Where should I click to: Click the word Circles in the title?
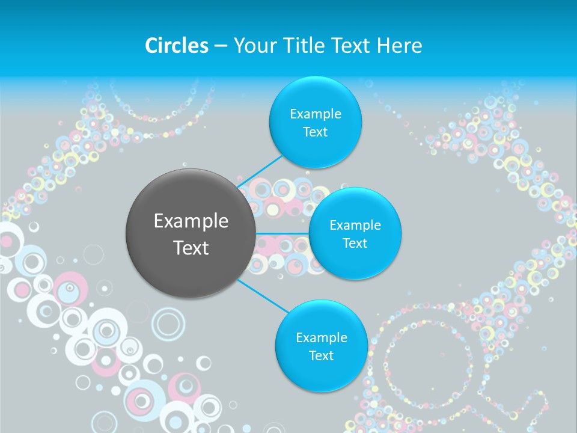click(x=176, y=46)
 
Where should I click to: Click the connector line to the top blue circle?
click(x=261, y=172)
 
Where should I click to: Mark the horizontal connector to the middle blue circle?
click(x=282, y=233)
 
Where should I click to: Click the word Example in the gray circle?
click(x=191, y=221)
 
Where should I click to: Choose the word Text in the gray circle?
click(x=191, y=248)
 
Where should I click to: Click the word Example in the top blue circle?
click(x=315, y=114)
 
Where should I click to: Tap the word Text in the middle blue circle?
click(x=355, y=243)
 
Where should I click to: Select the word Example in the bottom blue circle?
click(x=321, y=337)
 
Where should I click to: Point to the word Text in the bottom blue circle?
click(x=321, y=355)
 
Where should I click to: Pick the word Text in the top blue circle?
click(x=315, y=132)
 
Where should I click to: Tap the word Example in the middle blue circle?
click(x=355, y=225)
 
